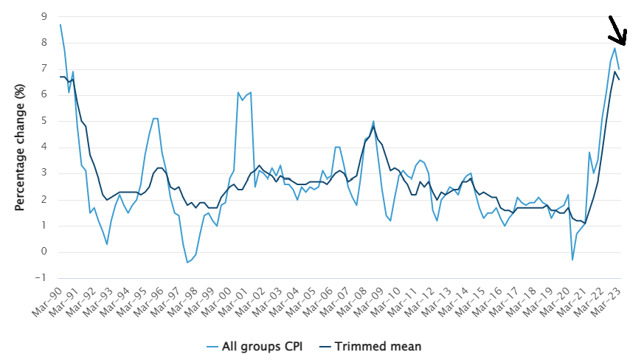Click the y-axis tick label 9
point(44,16)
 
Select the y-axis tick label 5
point(44,121)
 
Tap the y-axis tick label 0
point(44,252)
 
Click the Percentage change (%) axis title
point(20,147)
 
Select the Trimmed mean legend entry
point(375,345)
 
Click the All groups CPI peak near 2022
point(614,48)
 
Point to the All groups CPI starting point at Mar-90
point(60,25)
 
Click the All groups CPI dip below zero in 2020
point(572,260)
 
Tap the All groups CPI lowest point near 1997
point(187,262)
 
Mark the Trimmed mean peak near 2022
point(614,72)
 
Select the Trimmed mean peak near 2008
point(373,126)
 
